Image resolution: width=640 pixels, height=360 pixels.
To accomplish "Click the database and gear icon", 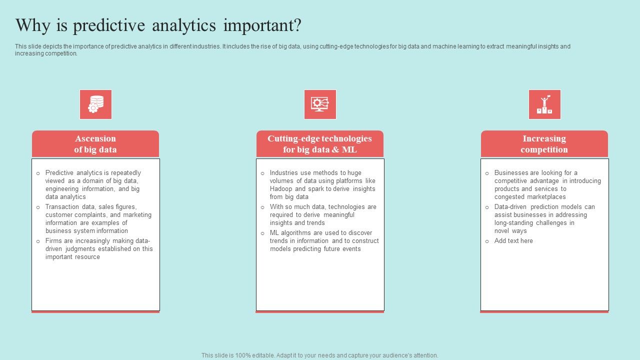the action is coord(95,104).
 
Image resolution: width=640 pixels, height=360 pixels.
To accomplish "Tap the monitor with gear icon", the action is coord(320,104).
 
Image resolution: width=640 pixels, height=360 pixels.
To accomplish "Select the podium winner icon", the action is coord(544,104).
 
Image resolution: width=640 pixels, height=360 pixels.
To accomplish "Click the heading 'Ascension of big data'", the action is coord(95,144).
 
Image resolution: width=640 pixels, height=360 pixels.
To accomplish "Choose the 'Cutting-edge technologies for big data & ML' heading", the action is coord(319,144).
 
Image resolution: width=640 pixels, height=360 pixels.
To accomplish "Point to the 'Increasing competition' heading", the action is coord(544,144).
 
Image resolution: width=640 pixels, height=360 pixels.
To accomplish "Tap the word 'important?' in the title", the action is coord(262,25).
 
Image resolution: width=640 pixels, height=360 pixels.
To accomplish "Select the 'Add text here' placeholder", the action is coord(513,241).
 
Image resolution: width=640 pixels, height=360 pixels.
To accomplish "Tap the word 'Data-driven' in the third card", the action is coord(510,207).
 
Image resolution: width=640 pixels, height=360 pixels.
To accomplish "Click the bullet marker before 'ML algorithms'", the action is coord(262,233).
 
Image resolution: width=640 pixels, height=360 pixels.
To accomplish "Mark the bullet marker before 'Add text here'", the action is coord(487,241).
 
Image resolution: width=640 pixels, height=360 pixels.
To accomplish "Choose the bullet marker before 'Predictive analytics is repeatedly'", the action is coord(38,173).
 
